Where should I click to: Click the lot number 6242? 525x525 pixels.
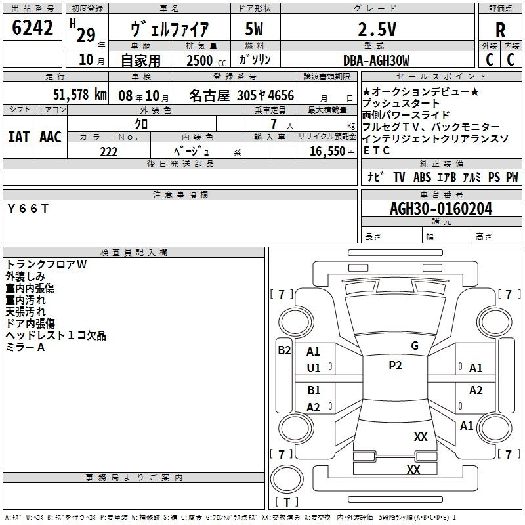coord(32,28)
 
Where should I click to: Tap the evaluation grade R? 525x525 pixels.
coord(500,30)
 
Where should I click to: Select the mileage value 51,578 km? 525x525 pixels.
coord(80,94)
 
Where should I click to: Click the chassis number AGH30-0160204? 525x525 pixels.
coord(441,209)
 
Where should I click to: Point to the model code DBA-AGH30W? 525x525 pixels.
coord(376,60)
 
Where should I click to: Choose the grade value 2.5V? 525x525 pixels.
coord(377,29)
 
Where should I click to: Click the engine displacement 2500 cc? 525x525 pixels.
coord(206,60)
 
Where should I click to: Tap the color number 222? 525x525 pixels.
coord(108,152)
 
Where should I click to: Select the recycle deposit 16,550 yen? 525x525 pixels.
coord(332,152)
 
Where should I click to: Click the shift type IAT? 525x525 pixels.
coord(19,137)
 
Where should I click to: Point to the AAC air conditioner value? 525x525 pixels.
coord(51,137)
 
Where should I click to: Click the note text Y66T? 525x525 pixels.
coord(28,209)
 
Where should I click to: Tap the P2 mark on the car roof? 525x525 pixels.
coord(395,366)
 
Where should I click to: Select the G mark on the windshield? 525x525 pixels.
coord(415,346)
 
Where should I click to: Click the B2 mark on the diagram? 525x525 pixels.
coord(284,350)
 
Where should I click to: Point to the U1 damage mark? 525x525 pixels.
coord(314,368)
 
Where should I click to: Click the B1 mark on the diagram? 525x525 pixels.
coord(314,390)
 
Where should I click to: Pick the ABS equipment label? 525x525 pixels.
coord(422,177)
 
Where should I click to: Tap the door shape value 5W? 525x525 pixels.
coord(254,29)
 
